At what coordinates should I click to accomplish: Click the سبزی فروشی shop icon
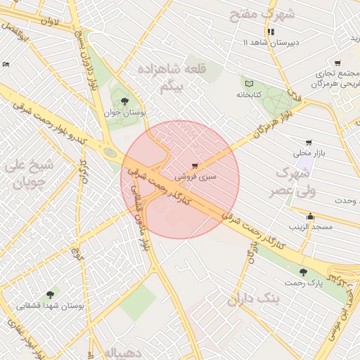click(x=195, y=166)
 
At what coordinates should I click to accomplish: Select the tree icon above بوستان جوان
click(x=125, y=101)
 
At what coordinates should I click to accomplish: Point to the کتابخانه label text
click(x=248, y=94)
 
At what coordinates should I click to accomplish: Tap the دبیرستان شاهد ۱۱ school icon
click(x=271, y=32)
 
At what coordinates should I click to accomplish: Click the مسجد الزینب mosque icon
click(x=310, y=217)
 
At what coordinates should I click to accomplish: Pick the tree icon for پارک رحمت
click(x=303, y=271)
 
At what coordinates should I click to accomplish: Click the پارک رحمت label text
click(x=303, y=283)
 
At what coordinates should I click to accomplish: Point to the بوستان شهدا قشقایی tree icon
click(x=50, y=295)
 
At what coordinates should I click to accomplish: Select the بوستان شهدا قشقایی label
click(x=50, y=306)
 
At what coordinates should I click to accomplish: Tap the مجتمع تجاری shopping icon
click(x=338, y=63)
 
